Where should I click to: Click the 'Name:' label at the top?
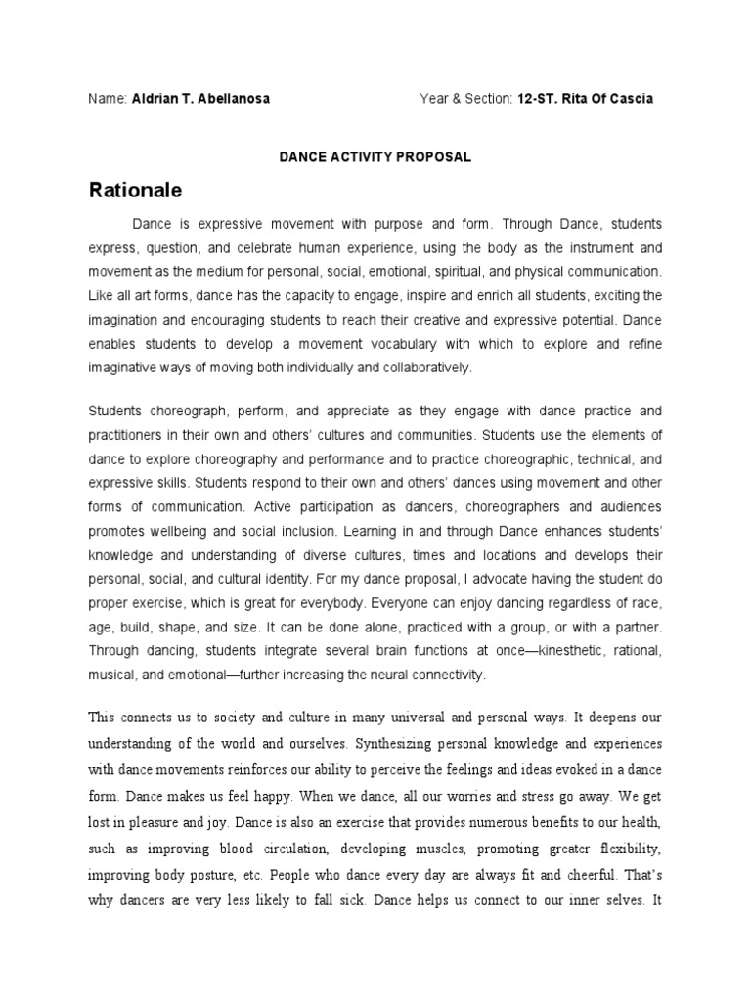coord(108,99)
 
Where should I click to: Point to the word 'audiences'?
coord(627,507)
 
